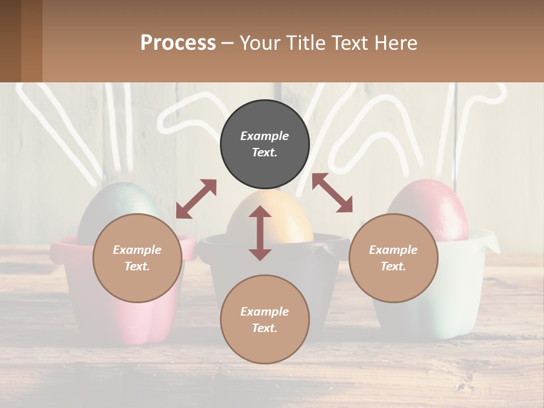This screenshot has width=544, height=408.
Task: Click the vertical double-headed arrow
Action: [x=260, y=233]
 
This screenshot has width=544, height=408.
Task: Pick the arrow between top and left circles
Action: [x=196, y=199]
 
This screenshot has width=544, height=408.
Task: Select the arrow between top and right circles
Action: [x=332, y=193]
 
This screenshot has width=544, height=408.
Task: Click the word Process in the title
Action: [x=178, y=42]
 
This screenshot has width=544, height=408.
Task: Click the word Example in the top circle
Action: [x=265, y=136]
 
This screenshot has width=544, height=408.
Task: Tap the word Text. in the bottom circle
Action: [x=265, y=328]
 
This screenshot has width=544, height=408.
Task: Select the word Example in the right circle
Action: [x=393, y=250]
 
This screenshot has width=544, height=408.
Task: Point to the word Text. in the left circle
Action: [x=137, y=266]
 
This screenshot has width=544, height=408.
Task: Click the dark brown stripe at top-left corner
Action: [x=10, y=41]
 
